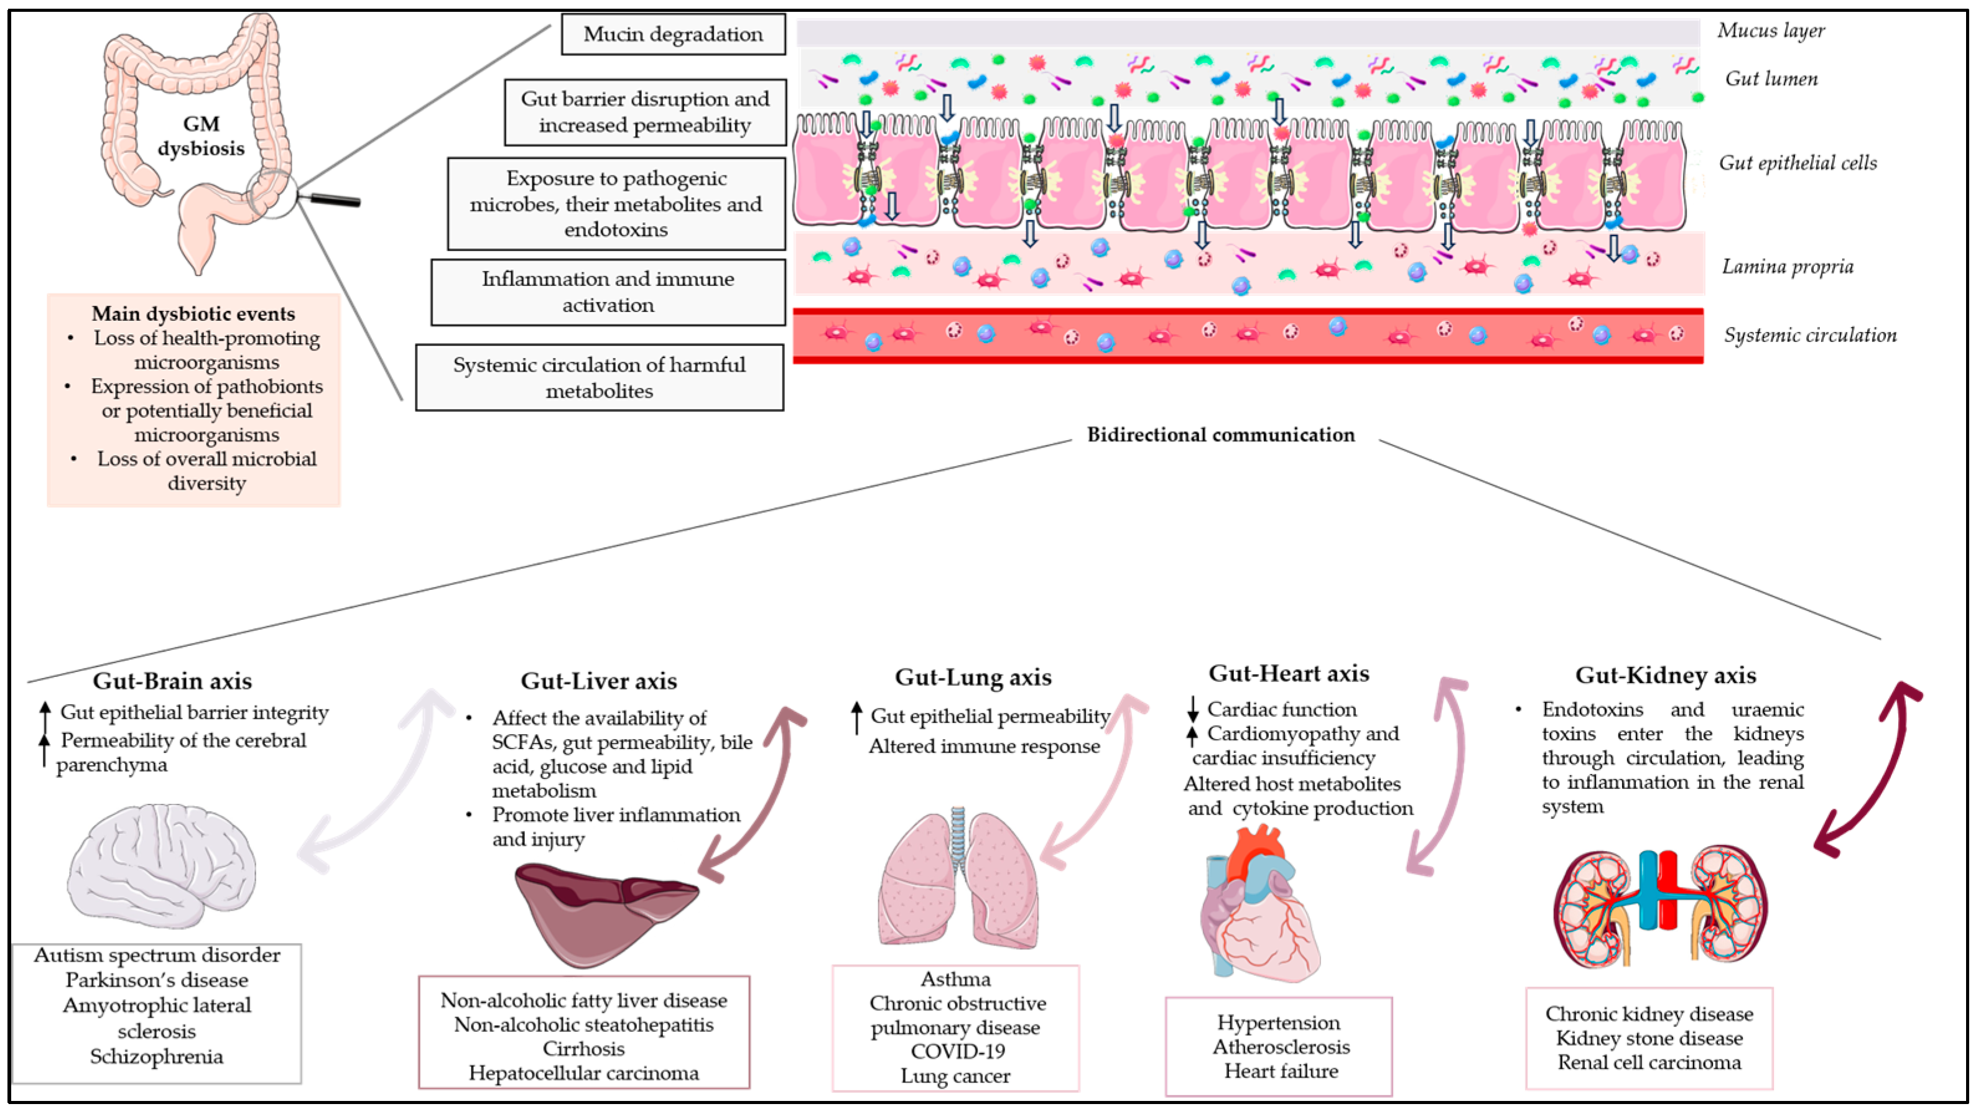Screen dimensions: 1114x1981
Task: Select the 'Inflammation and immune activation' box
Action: (x=608, y=292)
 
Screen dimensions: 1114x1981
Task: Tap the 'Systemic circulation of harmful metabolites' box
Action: (x=599, y=377)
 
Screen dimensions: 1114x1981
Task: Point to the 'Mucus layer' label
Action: (x=1770, y=30)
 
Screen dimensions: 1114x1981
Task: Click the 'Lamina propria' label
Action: (x=1787, y=267)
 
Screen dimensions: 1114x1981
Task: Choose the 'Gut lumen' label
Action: (x=1771, y=78)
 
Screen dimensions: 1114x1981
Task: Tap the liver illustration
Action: (x=604, y=911)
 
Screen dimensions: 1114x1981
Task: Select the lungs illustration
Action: (x=957, y=880)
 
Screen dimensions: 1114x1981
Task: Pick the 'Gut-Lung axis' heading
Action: (x=973, y=678)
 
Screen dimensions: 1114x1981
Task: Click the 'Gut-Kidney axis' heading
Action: (x=1666, y=675)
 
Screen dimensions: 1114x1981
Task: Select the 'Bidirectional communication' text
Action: (x=1220, y=435)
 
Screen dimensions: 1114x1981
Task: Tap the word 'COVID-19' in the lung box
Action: (x=957, y=1052)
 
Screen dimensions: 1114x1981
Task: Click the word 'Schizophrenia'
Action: (x=156, y=1057)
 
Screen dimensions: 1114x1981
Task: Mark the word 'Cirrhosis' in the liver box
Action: (x=583, y=1049)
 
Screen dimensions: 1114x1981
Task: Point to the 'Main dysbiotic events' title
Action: (x=193, y=314)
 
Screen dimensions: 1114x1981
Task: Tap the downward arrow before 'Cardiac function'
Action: (x=1193, y=707)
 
